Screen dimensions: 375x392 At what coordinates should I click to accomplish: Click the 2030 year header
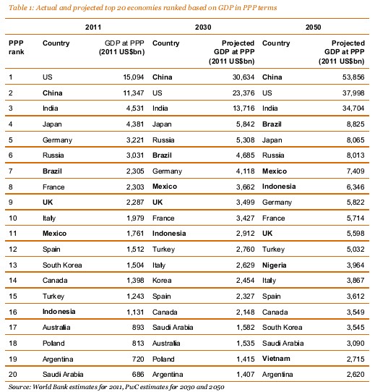(x=203, y=27)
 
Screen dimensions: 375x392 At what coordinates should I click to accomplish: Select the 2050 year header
(x=313, y=27)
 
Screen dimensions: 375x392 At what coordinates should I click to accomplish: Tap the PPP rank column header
(x=16, y=47)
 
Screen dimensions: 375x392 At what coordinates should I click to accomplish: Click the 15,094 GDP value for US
(x=134, y=77)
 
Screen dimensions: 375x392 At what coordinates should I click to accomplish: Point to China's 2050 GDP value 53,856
(x=353, y=77)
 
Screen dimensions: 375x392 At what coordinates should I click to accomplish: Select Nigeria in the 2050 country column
(x=274, y=265)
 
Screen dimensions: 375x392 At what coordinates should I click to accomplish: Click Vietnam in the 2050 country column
(x=276, y=359)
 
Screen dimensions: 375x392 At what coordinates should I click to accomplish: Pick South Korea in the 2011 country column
(x=62, y=265)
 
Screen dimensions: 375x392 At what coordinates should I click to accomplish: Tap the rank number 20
(x=13, y=374)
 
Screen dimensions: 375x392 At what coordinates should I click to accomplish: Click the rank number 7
(x=11, y=171)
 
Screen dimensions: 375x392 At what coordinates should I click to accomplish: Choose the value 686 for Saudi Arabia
(x=138, y=374)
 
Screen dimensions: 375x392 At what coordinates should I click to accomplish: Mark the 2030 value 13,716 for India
(x=243, y=108)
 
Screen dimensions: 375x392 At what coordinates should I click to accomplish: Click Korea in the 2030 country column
(x=162, y=280)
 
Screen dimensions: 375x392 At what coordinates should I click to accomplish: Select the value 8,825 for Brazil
(x=355, y=124)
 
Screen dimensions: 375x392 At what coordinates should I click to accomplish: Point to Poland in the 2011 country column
(x=53, y=344)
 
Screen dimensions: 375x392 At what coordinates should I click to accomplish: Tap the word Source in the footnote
(x=20, y=387)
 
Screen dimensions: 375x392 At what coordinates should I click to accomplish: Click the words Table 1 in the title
(x=21, y=8)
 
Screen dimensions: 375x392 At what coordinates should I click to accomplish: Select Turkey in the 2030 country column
(x=163, y=250)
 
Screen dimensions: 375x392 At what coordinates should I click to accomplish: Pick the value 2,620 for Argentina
(x=355, y=374)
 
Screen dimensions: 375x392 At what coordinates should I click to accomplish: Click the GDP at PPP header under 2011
(x=122, y=47)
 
